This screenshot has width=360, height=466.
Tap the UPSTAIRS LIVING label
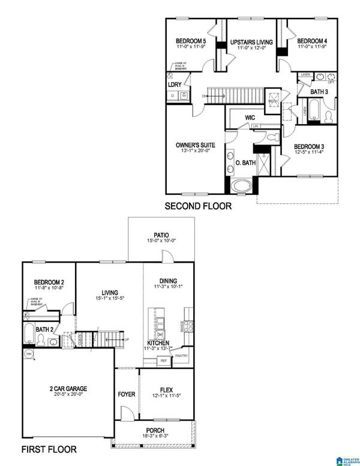coord(252,42)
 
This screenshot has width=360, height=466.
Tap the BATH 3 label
coord(319,91)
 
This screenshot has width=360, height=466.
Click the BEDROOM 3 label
coord(311,146)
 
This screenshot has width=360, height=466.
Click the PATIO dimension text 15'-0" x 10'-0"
coord(161,241)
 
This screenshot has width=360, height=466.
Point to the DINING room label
coord(168,280)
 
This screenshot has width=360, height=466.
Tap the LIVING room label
coord(109,292)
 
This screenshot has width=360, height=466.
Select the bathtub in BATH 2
coord(29,333)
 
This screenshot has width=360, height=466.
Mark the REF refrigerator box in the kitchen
coord(162,361)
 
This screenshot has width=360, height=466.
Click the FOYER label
coord(126,395)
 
